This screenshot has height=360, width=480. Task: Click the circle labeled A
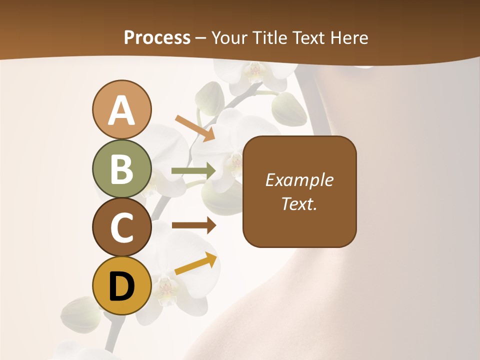click(121, 110)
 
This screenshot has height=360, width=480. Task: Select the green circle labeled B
click(121, 169)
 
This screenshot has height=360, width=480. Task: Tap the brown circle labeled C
click(121, 227)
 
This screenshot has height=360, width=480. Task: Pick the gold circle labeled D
click(121, 286)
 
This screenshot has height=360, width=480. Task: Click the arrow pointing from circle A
click(195, 128)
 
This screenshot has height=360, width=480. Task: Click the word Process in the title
click(157, 37)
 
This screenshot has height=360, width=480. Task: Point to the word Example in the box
click(299, 180)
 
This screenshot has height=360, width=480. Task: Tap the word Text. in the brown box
click(299, 203)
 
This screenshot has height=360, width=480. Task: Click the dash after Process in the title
click(200, 38)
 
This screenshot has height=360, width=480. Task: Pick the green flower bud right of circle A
click(208, 97)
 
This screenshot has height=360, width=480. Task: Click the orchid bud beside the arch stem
click(288, 108)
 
